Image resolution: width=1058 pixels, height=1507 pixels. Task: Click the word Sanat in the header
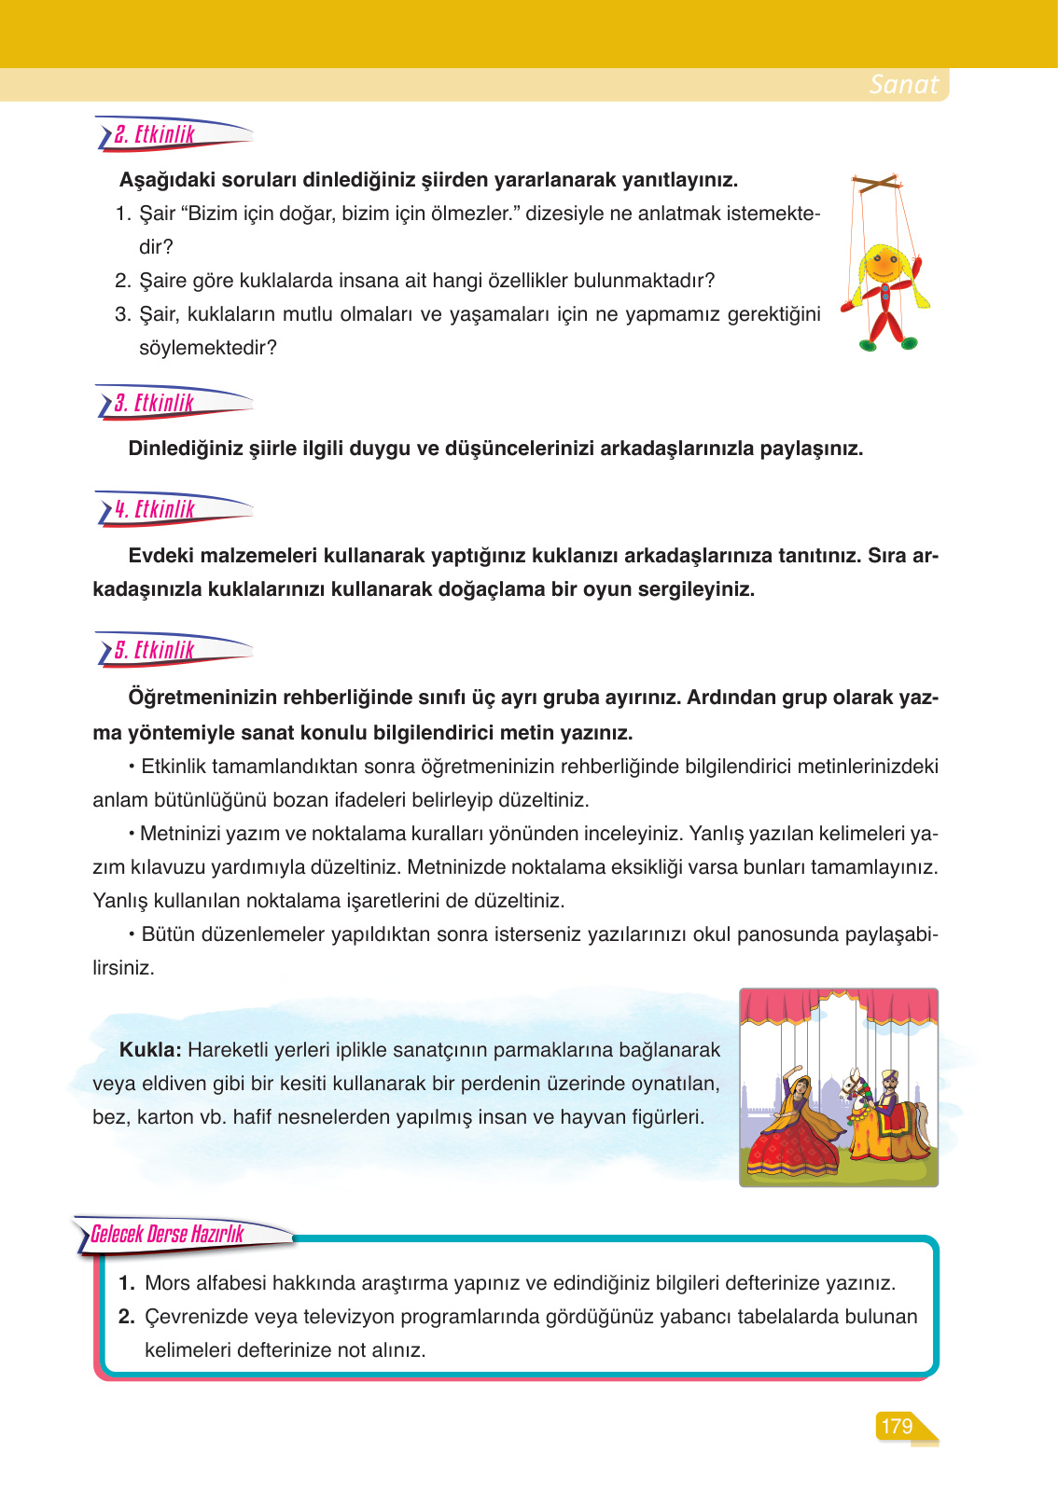coord(903,85)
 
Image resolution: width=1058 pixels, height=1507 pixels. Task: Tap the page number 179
coord(896,1426)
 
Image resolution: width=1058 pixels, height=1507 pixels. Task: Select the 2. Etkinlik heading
coord(155,135)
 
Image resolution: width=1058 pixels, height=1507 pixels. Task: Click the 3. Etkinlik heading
coord(155,404)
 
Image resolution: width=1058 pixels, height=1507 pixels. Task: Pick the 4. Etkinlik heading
coord(155,510)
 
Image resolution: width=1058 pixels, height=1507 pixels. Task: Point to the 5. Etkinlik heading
coord(155,651)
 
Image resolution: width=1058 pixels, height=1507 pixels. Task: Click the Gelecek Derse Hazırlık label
coord(168,1235)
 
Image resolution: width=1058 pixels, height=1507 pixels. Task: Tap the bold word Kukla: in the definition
coord(150,1050)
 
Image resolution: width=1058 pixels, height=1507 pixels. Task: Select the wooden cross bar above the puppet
coord(878,182)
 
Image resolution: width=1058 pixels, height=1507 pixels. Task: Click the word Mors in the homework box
coord(168,1283)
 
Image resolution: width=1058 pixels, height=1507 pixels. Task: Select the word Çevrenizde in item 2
coord(191,1317)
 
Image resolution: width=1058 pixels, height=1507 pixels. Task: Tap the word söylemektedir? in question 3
coord(208,348)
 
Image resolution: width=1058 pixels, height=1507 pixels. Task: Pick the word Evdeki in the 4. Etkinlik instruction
coord(160,556)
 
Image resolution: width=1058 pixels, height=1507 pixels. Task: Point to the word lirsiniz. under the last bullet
coord(123,968)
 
